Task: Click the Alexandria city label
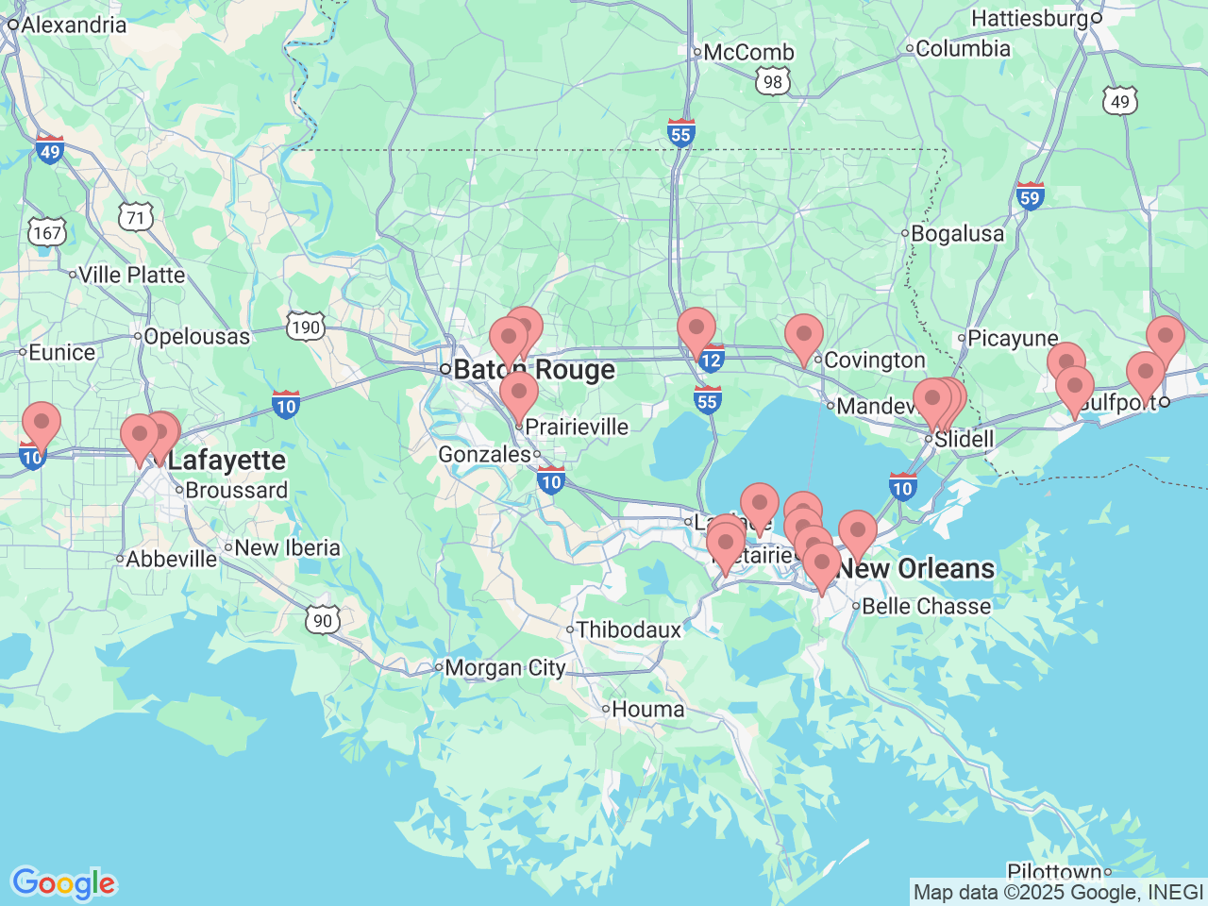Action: pyautogui.click(x=74, y=25)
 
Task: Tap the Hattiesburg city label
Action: pyautogui.click(x=1030, y=18)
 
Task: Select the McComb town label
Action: pyautogui.click(x=749, y=53)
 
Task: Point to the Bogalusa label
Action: pyautogui.click(x=958, y=234)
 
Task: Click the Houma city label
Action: pyautogui.click(x=648, y=709)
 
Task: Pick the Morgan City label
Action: pyautogui.click(x=505, y=668)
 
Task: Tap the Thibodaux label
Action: pyautogui.click(x=629, y=629)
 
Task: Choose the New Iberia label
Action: pyautogui.click(x=287, y=548)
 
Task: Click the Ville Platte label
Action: pyautogui.click(x=132, y=276)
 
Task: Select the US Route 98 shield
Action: pyautogui.click(x=773, y=82)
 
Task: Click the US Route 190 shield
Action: pyautogui.click(x=306, y=327)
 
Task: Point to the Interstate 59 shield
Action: pyautogui.click(x=1030, y=196)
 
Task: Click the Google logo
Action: pyautogui.click(x=63, y=884)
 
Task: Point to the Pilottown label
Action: pyautogui.click(x=1054, y=872)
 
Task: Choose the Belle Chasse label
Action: pyautogui.click(x=927, y=607)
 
